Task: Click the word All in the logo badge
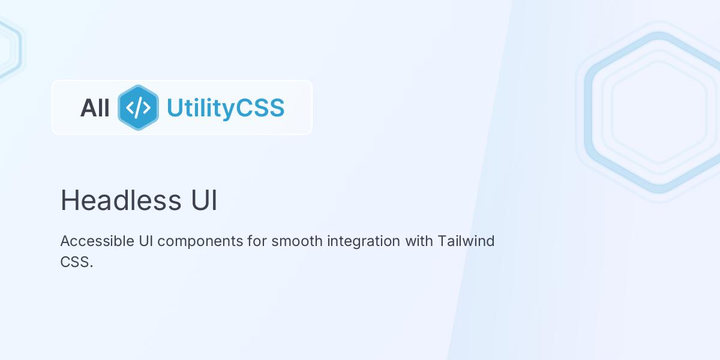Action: click(95, 108)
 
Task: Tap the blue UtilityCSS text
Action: click(225, 108)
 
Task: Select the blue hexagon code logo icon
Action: click(138, 107)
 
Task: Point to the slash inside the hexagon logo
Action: click(138, 107)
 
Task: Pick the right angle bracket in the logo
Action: click(146, 107)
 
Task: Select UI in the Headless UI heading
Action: click(205, 200)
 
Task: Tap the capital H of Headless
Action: click(68, 200)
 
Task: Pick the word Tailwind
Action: click(466, 241)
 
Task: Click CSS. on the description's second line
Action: click(77, 262)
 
